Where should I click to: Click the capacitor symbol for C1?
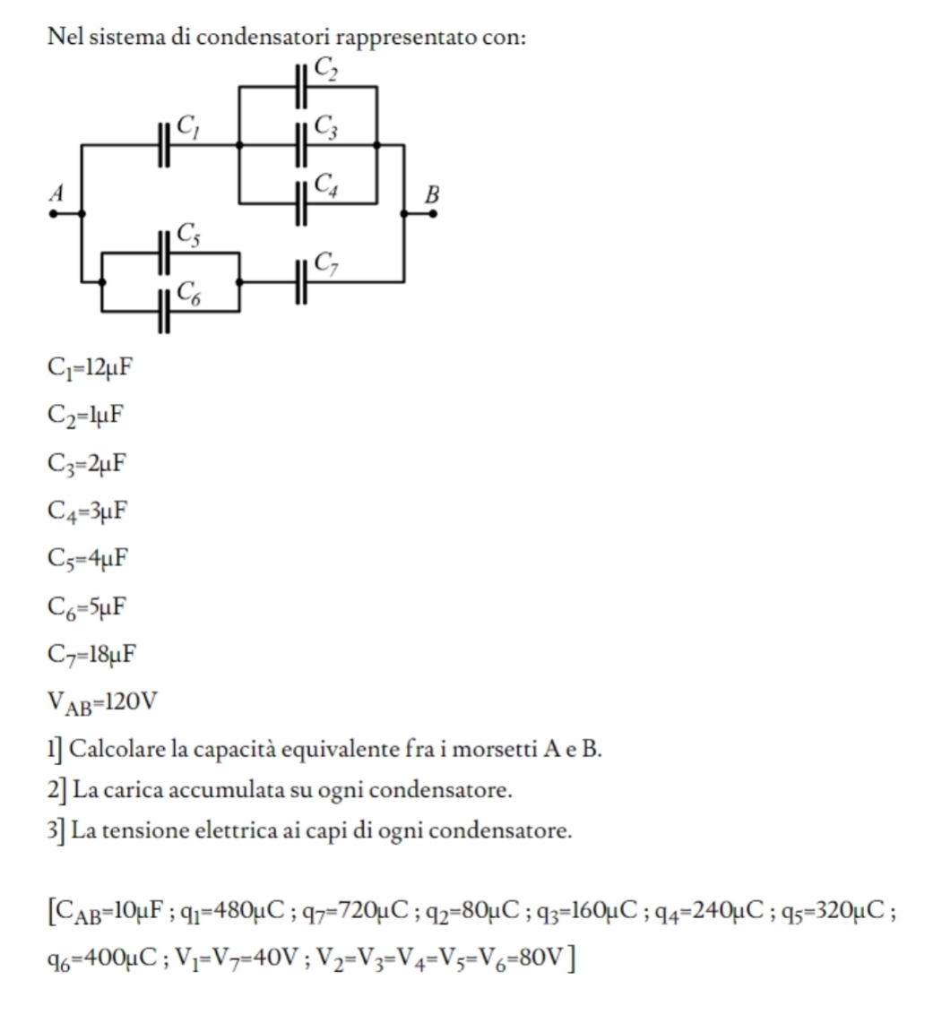164,143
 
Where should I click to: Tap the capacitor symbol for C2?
302,87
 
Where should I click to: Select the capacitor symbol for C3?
302,143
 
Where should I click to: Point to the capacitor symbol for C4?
302,202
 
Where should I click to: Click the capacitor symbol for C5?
164,253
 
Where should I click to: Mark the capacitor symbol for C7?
302,280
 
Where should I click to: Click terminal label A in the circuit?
57,193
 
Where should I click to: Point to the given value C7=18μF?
91,654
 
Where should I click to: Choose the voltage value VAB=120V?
102,701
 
